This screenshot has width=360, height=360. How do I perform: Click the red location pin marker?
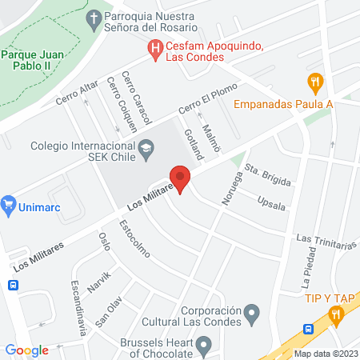180,178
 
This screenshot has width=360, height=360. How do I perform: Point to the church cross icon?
94,18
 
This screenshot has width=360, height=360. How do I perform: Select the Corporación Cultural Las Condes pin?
252,311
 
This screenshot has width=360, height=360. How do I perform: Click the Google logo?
26,350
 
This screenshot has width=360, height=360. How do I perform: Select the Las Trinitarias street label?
325,240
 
